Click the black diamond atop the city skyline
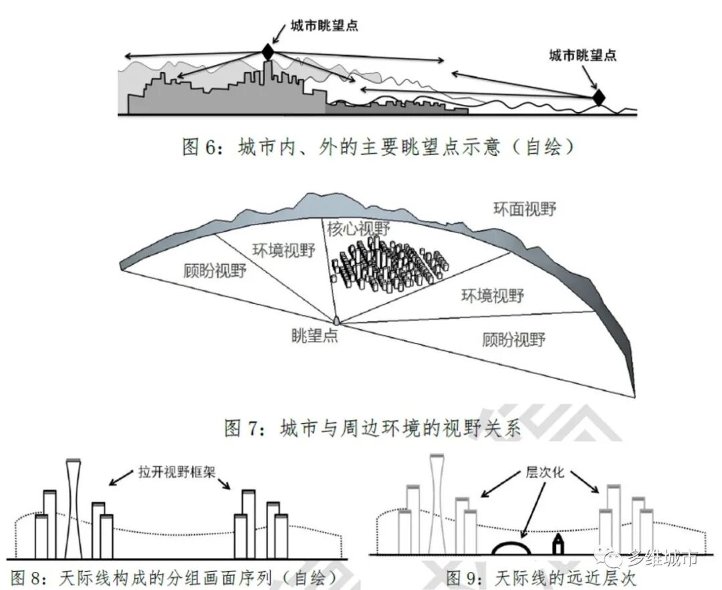tap(267, 52)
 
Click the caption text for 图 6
tap(378, 147)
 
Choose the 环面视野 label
tap(525, 208)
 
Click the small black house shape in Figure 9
tap(556, 544)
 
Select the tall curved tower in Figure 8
tap(73, 508)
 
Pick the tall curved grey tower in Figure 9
tap(438, 504)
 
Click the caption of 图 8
tap(174, 577)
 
